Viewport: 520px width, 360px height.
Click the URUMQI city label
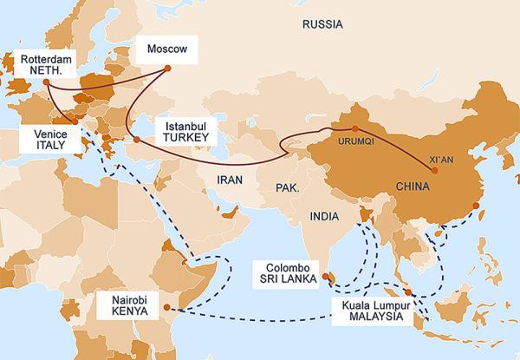[x=351, y=142]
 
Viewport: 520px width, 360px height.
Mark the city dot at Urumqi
[x=355, y=129]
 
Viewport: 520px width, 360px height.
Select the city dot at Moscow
[x=164, y=68]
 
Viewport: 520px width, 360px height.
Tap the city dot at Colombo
[x=328, y=278]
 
